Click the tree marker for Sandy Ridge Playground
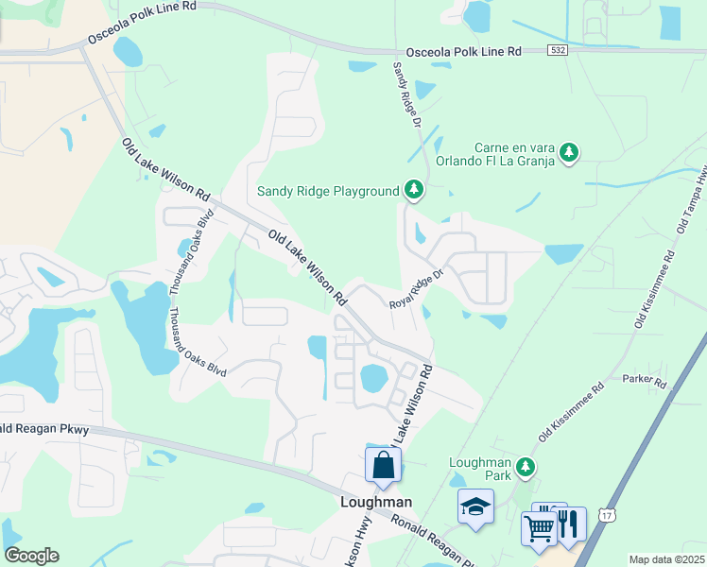pyautogui.click(x=413, y=190)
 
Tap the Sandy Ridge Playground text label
pyautogui.click(x=328, y=191)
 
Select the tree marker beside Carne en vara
pyautogui.click(x=568, y=151)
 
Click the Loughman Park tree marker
pyautogui.click(x=526, y=467)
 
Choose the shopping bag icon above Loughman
pyautogui.click(x=384, y=465)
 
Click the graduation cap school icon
pyautogui.click(x=475, y=507)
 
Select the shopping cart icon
pyautogui.click(x=539, y=527)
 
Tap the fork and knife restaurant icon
pyautogui.click(x=568, y=524)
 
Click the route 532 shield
pyautogui.click(x=561, y=52)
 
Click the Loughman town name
pyautogui.click(x=376, y=502)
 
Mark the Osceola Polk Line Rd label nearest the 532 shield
pyautogui.click(x=463, y=52)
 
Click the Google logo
pyautogui.click(x=31, y=556)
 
